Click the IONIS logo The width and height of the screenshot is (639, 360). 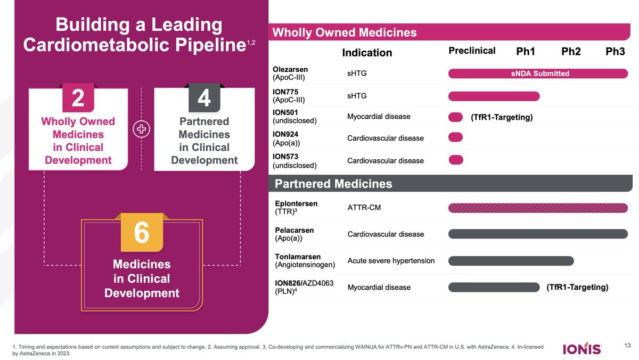582,349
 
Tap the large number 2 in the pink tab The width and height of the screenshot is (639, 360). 78,98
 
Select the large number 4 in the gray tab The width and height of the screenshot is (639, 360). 204,98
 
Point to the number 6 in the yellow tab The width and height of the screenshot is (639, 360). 141,233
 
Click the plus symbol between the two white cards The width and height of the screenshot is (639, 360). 141,130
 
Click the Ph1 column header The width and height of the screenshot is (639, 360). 526,52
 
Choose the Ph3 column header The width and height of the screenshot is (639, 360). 615,52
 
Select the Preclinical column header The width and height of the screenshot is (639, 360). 472,51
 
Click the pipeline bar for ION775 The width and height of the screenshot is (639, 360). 494,96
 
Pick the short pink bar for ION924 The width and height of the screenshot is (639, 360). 456,137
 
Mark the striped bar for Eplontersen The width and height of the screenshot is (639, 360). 538,208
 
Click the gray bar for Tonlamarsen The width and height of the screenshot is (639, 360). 511,260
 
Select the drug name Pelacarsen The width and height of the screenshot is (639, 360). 294,230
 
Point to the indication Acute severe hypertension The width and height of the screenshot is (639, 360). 391,260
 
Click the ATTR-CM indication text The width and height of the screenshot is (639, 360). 364,208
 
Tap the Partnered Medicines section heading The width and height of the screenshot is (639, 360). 333,184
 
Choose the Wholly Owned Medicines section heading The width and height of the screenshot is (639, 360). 344,33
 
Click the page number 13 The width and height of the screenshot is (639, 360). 627,346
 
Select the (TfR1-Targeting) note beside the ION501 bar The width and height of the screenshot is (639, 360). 502,117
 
